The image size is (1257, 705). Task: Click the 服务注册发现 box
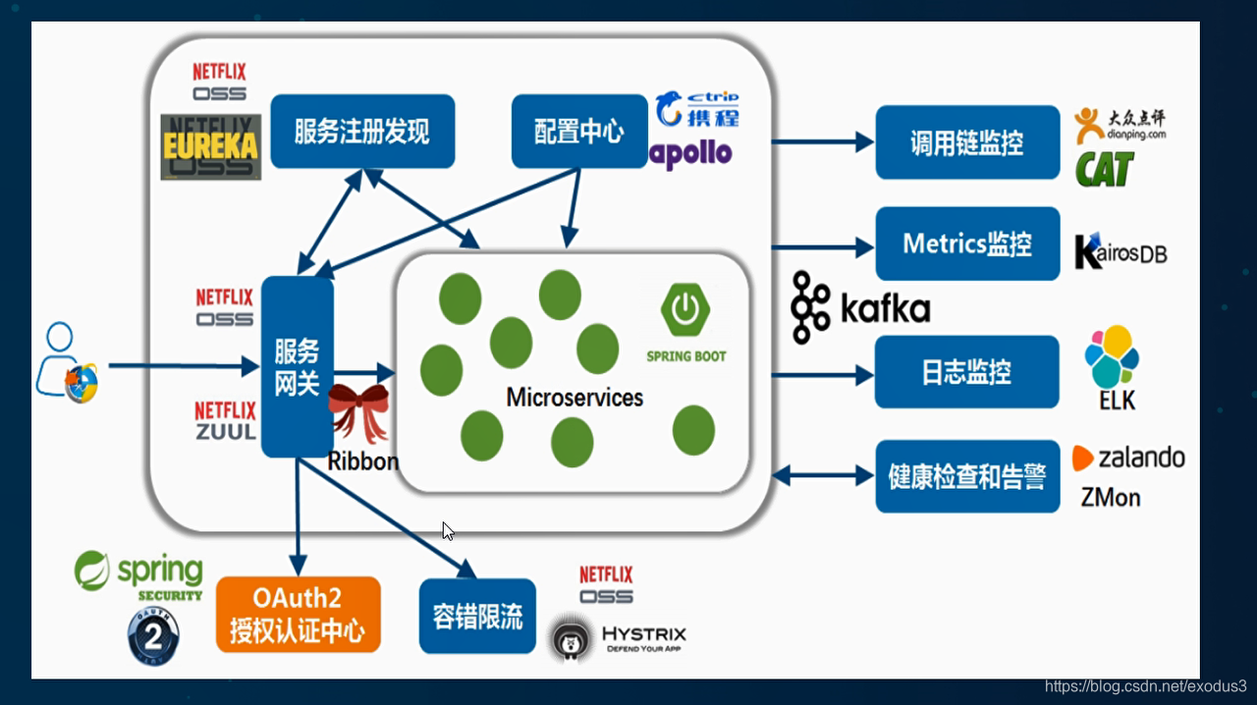click(x=362, y=131)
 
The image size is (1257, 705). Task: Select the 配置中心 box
click(x=579, y=131)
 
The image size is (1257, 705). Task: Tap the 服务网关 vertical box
click(x=297, y=366)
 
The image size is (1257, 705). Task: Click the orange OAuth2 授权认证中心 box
click(x=298, y=615)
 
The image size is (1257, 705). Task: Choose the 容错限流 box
click(x=477, y=616)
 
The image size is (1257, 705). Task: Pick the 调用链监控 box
click(x=967, y=142)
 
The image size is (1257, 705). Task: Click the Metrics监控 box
click(x=967, y=244)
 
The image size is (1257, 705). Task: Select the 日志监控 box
click(x=966, y=372)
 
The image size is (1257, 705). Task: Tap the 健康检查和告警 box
click(x=967, y=477)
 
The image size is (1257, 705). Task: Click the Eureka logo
click(x=211, y=146)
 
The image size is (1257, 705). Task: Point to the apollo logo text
click(x=692, y=153)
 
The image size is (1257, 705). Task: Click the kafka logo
click(x=860, y=307)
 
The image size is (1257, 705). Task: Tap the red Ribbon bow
click(x=357, y=412)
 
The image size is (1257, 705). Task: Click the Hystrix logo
click(x=618, y=636)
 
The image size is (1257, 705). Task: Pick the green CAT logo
click(x=1105, y=169)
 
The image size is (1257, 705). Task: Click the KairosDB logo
click(x=1120, y=251)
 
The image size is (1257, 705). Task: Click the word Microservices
click(x=574, y=398)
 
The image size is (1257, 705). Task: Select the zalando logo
click(x=1128, y=458)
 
